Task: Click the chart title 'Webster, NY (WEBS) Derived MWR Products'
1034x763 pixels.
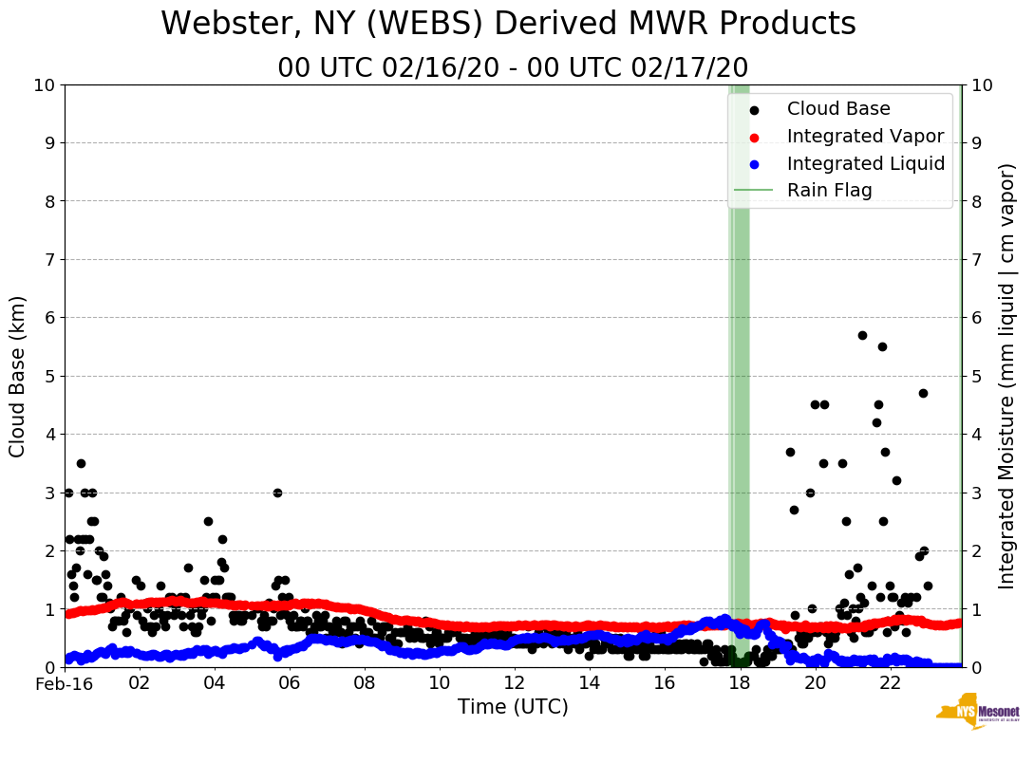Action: point(508,24)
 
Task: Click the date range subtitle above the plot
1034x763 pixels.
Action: point(513,68)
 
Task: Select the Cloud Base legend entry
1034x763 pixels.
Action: point(838,109)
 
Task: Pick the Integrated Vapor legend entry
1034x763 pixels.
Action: point(865,137)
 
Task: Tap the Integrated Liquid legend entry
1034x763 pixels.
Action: point(865,163)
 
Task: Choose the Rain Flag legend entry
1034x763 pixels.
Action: point(829,190)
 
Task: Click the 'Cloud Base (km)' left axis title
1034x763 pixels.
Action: point(18,376)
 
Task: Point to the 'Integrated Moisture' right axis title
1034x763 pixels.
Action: point(1007,376)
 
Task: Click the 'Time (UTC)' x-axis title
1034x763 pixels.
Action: point(513,707)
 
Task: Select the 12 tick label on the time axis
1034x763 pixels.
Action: point(514,683)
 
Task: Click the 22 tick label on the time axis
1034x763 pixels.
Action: point(890,683)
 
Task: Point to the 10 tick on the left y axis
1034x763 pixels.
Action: point(44,85)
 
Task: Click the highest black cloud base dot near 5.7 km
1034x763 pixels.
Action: point(862,335)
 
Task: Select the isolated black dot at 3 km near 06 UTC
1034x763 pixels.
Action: point(277,493)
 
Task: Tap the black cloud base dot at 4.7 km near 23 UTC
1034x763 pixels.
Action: point(923,393)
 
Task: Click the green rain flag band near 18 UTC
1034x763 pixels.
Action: point(739,380)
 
